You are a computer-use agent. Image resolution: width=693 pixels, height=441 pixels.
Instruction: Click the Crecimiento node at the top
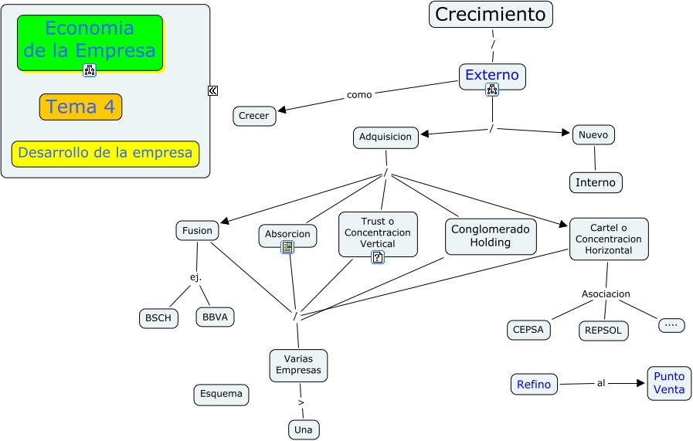click(x=491, y=14)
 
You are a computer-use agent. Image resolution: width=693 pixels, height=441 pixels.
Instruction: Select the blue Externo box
click(x=492, y=76)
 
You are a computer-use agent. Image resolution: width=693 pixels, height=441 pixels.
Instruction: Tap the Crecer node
click(x=254, y=116)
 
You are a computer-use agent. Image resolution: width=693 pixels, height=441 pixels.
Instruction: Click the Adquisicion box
click(x=386, y=137)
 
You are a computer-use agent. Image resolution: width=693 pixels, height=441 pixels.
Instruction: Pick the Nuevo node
click(x=593, y=134)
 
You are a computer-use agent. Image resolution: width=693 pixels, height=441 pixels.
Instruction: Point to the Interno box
click(x=596, y=182)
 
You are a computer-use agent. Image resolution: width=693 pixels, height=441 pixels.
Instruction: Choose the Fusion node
click(x=197, y=230)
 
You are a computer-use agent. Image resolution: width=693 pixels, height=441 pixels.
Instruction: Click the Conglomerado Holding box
click(x=491, y=236)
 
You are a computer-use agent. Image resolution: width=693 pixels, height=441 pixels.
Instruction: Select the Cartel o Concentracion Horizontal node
click(x=609, y=239)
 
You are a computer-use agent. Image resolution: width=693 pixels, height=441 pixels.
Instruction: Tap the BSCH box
click(x=159, y=318)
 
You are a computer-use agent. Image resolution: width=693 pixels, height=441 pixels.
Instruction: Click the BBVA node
click(x=215, y=317)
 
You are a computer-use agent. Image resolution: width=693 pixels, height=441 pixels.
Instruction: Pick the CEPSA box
click(x=528, y=329)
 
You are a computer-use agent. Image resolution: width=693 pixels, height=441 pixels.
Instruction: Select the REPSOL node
click(x=603, y=331)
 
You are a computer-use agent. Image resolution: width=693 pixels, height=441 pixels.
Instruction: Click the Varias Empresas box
click(x=298, y=365)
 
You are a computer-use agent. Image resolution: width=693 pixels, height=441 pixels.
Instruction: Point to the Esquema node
click(x=221, y=394)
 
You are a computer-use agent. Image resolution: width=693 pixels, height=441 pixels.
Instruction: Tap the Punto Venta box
click(x=669, y=383)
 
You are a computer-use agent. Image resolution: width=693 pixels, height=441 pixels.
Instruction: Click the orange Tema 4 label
click(x=80, y=107)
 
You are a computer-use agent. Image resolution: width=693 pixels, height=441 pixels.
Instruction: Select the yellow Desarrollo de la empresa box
click(x=105, y=153)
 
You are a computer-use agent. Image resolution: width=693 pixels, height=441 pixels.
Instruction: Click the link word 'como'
click(x=359, y=94)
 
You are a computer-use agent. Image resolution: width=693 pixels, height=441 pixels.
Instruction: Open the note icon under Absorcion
click(x=287, y=247)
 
